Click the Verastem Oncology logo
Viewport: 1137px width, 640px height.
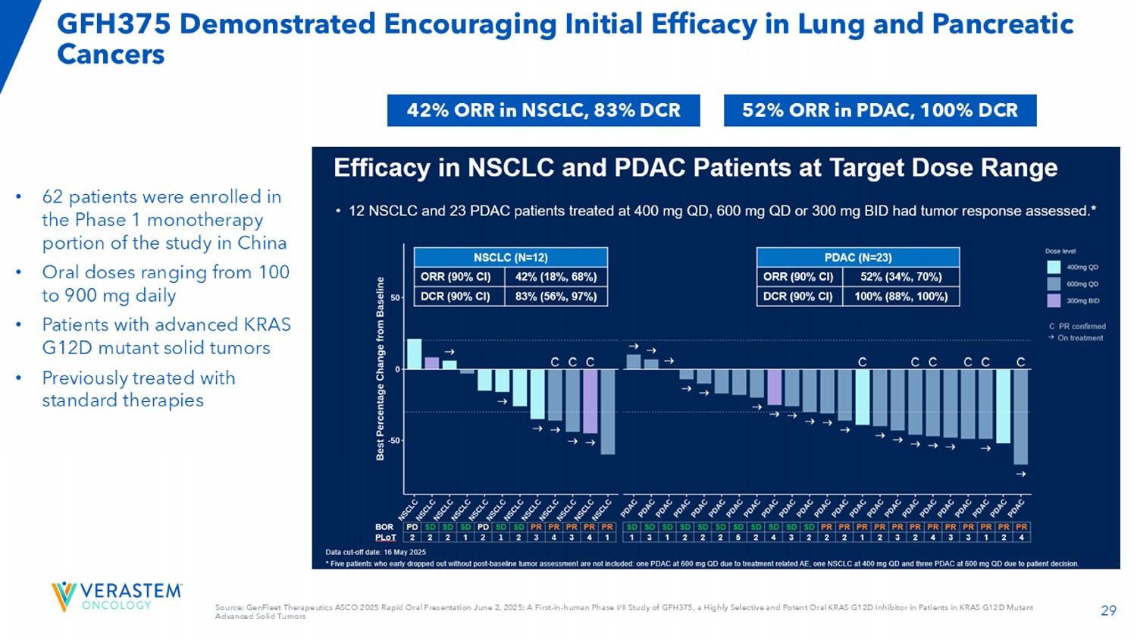[x=117, y=596]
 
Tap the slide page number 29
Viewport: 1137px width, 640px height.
[x=1108, y=610]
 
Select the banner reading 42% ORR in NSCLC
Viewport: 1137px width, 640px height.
[x=543, y=111]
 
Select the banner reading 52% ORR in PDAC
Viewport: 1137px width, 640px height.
[x=879, y=111]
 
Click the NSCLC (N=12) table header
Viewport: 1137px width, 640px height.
[x=510, y=258]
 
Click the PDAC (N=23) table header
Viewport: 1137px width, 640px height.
[x=857, y=258]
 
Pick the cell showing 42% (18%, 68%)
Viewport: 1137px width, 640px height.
[x=556, y=277]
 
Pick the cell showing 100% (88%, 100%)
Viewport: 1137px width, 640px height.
[x=901, y=296]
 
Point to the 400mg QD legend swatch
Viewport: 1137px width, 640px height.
[x=1054, y=267]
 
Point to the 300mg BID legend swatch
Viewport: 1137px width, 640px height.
[x=1054, y=300]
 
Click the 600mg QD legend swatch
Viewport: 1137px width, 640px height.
[x=1054, y=284]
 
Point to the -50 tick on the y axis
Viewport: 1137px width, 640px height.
[x=394, y=440]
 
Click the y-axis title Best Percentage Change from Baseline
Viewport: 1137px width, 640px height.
[x=381, y=369]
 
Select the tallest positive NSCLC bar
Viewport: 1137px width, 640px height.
[x=414, y=354]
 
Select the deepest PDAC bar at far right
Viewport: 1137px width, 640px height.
[x=1020, y=416]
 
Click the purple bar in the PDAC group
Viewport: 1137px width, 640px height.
[x=774, y=387]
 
